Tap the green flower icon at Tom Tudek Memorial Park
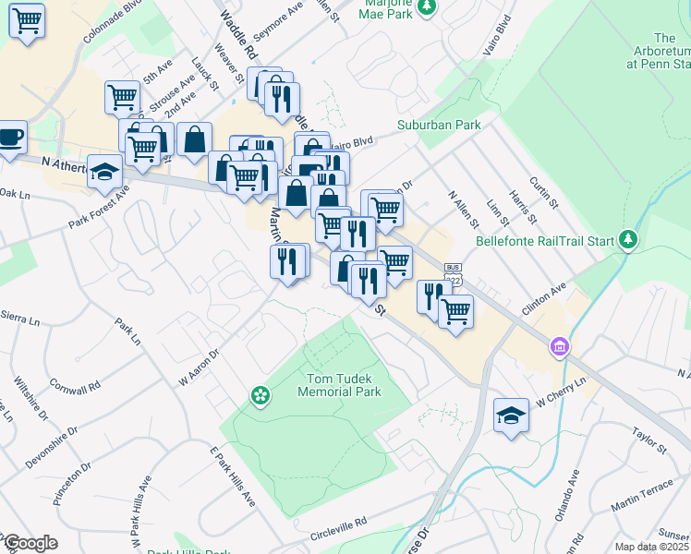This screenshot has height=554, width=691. click(x=261, y=395)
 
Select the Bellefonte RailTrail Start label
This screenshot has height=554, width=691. click(x=545, y=242)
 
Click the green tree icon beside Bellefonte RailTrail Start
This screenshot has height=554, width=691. click(x=628, y=240)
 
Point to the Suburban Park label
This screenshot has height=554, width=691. click(x=427, y=124)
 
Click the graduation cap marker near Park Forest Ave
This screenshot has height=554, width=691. click(x=105, y=172)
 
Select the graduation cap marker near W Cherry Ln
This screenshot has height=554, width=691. click(x=511, y=415)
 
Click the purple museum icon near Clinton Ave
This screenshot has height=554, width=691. click(x=558, y=347)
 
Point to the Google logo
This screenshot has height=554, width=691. click(x=30, y=543)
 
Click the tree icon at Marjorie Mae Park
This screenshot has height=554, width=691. click(x=426, y=7)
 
